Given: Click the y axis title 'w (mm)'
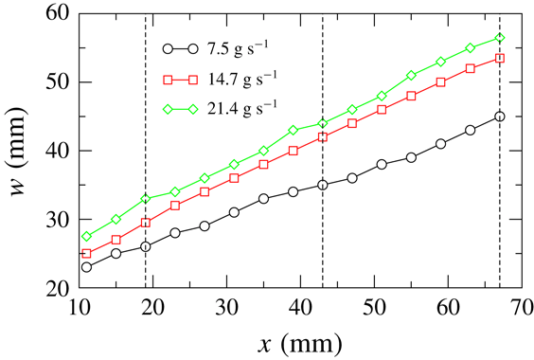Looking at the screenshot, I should pos(18,150).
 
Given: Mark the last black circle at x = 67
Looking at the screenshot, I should pos(500,117).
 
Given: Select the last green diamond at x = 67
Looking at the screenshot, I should pos(500,38).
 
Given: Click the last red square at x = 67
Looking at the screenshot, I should pos(500,58).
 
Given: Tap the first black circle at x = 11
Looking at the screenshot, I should pos(86,267).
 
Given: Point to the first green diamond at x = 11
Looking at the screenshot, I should pos(86,236).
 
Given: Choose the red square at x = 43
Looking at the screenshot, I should pos(323,137).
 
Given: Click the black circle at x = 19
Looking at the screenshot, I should pos(145,246).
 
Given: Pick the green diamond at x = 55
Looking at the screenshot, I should pos(411,75).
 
